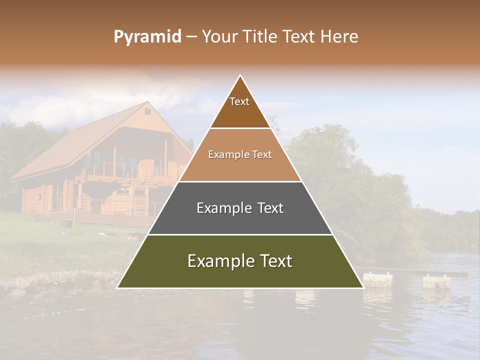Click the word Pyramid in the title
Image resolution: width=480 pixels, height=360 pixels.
147,37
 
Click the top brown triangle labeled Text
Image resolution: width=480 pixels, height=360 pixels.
240,107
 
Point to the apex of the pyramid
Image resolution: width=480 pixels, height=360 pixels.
240,76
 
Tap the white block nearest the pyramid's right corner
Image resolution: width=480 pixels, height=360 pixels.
377,279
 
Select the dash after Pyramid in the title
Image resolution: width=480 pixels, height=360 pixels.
191,37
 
